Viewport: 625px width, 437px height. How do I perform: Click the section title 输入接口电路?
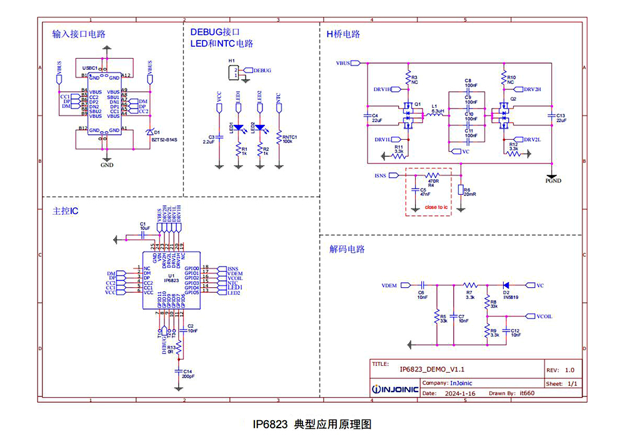(x=79, y=35)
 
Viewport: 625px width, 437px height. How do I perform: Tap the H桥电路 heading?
(x=343, y=34)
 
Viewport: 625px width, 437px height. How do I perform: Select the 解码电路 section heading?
(x=347, y=249)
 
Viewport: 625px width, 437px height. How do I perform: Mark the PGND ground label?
(x=552, y=181)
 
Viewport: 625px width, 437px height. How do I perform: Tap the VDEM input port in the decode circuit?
(x=392, y=285)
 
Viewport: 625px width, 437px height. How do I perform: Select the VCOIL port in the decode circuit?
(x=544, y=317)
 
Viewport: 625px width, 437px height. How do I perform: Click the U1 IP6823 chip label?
(x=171, y=278)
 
